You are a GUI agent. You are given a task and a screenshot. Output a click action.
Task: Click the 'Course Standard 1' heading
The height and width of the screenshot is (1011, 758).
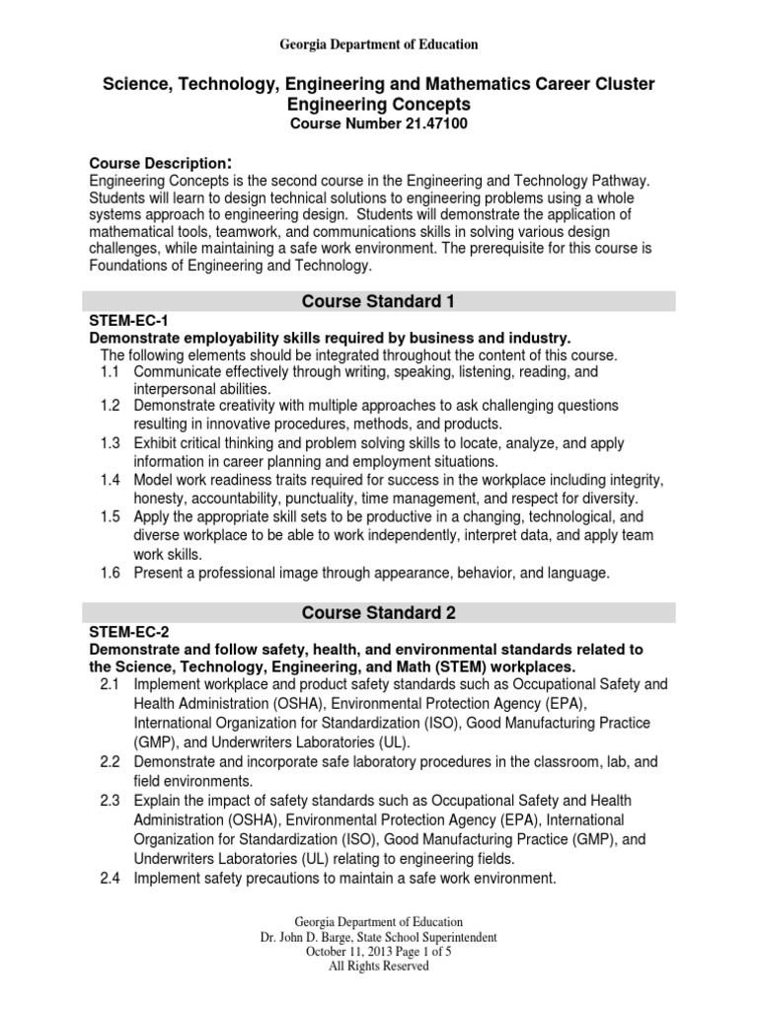tap(379, 301)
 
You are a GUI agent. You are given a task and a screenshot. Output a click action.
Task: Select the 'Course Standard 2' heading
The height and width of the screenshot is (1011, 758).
tap(379, 613)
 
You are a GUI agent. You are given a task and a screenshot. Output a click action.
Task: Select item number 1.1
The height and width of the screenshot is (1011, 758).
tap(111, 372)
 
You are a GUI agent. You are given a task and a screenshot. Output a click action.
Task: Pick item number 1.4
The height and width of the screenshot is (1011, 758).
tap(111, 479)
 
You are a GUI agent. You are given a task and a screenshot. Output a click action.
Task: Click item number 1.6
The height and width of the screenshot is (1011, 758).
tap(111, 572)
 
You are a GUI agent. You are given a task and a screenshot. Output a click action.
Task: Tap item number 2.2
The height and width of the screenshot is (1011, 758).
tap(111, 763)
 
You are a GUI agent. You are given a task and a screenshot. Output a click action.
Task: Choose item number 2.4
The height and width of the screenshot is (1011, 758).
tap(111, 878)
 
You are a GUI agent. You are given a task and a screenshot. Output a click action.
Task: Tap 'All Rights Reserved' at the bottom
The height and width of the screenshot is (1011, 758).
tap(378, 967)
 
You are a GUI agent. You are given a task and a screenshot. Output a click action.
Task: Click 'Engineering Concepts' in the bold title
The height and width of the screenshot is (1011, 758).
tap(379, 104)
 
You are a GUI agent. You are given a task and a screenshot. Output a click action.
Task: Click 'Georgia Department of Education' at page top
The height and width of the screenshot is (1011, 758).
tap(379, 44)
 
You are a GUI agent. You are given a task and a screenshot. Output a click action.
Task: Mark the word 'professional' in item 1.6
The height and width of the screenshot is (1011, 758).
tap(237, 572)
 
